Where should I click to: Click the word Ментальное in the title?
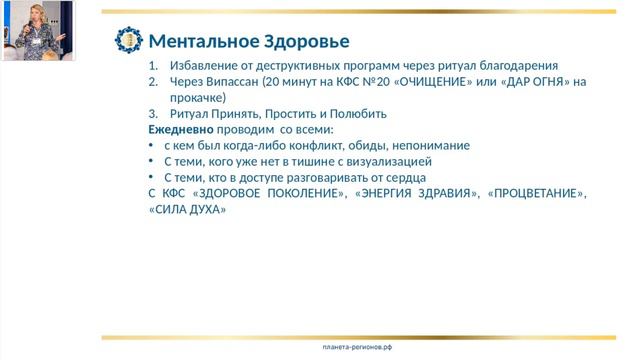(x=197, y=41)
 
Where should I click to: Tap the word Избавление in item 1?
(x=204, y=66)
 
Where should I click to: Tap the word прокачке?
(x=197, y=98)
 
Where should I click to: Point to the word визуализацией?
(x=386, y=161)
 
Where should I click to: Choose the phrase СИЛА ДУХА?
(x=187, y=209)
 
